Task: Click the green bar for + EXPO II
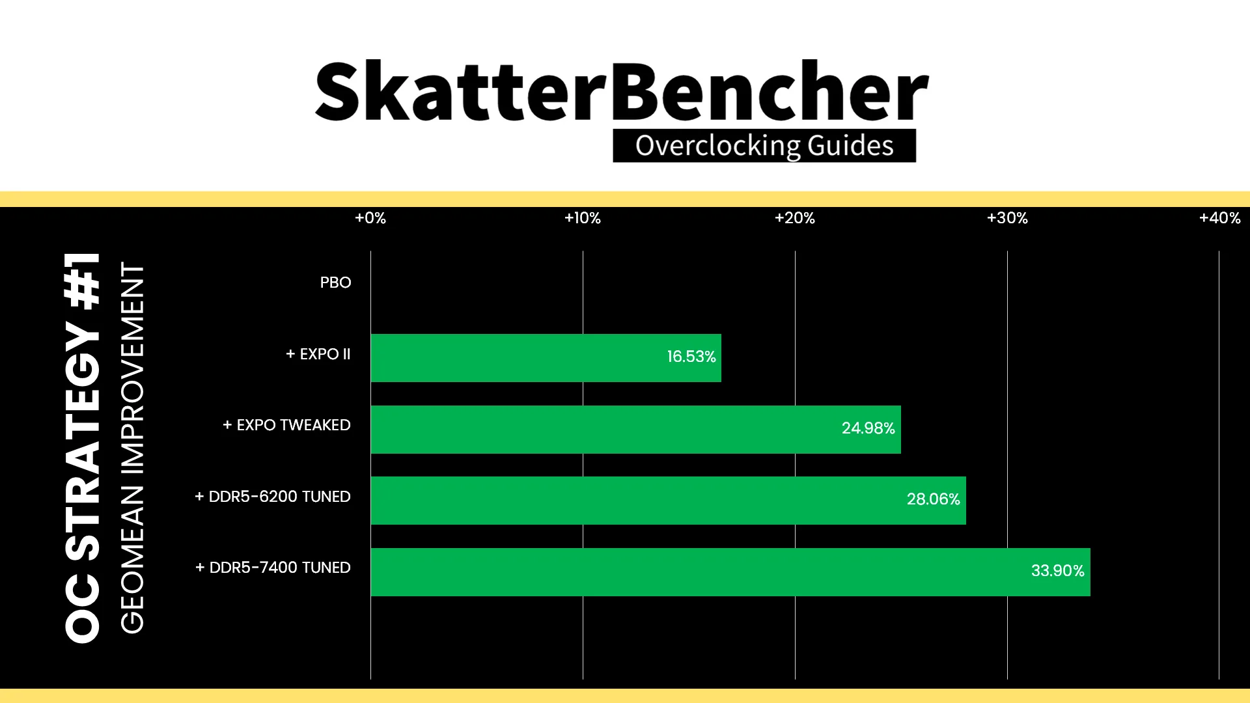(x=546, y=358)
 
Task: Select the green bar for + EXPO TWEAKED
(x=635, y=430)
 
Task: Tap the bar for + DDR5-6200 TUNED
(x=668, y=501)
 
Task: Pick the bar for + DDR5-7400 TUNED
(x=730, y=572)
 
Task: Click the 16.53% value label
(x=691, y=357)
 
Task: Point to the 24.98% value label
(x=868, y=428)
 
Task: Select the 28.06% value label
(x=933, y=499)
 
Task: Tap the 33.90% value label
(x=1057, y=571)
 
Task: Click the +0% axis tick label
(x=370, y=218)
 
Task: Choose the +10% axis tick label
(x=583, y=218)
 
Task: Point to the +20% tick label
(x=795, y=218)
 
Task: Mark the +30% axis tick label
(x=1007, y=218)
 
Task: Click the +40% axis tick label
(x=1219, y=218)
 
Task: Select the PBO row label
(x=335, y=283)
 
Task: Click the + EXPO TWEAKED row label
(x=286, y=425)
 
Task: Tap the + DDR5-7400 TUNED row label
(x=273, y=568)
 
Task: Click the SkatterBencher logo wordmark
(x=622, y=91)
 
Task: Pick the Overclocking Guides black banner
(x=764, y=146)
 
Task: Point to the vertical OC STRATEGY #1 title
(x=83, y=448)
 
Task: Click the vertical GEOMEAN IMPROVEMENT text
(x=132, y=448)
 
